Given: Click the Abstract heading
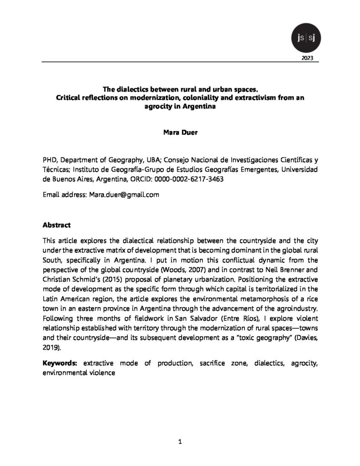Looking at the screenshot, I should (x=56, y=225).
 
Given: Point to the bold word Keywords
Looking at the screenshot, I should (x=60, y=364).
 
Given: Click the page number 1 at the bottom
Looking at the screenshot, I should (x=180, y=441).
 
